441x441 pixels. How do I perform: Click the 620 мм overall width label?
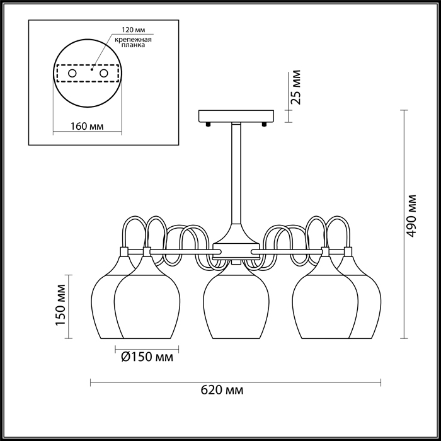click(x=222, y=391)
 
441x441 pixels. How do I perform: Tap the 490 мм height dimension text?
click(x=411, y=215)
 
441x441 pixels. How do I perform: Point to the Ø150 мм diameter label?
click(x=147, y=357)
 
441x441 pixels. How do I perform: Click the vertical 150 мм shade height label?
click(x=60, y=305)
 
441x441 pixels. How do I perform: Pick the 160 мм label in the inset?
click(x=87, y=126)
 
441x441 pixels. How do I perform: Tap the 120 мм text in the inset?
click(x=133, y=30)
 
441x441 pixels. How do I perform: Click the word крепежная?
click(x=133, y=40)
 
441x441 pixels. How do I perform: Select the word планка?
click(x=133, y=45)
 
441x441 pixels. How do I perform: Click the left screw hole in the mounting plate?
click(x=72, y=74)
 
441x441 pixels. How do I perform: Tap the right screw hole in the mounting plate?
click(x=104, y=74)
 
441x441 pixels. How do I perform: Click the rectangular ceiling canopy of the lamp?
click(x=236, y=116)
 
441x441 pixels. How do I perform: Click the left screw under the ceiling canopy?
click(x=208, y=124)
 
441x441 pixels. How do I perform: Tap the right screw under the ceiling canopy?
click(x=264, y=124)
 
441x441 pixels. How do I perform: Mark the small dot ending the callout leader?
click(x=92, y=69)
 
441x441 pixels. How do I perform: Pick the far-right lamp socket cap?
click(x=348, y=252)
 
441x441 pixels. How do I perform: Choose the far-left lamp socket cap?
click(x=124, y=252)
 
